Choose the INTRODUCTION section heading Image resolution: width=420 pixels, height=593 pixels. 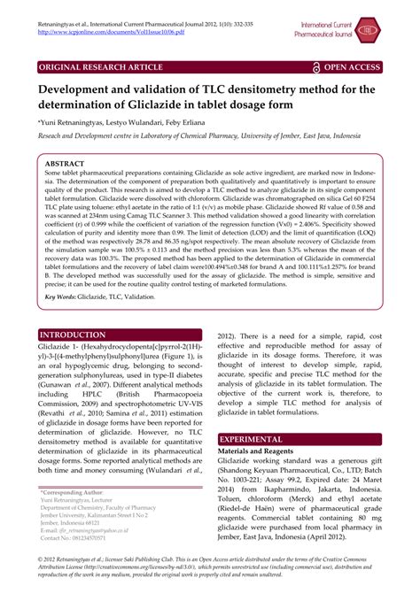(x=73, y=335)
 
